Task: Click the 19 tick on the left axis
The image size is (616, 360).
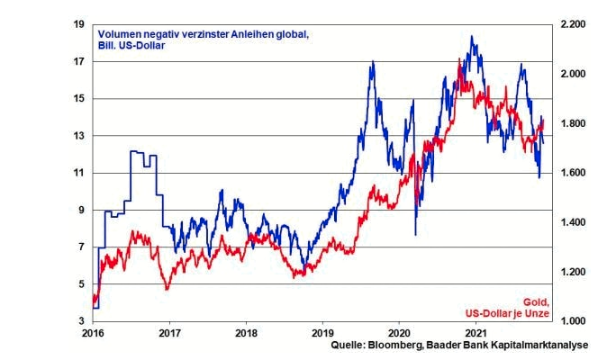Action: (x=79, y=24)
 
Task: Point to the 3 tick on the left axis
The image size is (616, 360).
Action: (x=81, y=321)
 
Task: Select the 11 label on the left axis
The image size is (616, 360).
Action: (x=79, y=173)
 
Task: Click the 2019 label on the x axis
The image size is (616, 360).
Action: (x=323, y=332)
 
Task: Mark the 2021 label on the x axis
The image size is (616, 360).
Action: (x=476, y=332)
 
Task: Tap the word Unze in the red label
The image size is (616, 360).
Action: (x=537, y=313)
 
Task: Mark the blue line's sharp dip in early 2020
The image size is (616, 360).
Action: (x=415, y=235)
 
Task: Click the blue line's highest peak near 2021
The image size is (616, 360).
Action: (x=472, y=37)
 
